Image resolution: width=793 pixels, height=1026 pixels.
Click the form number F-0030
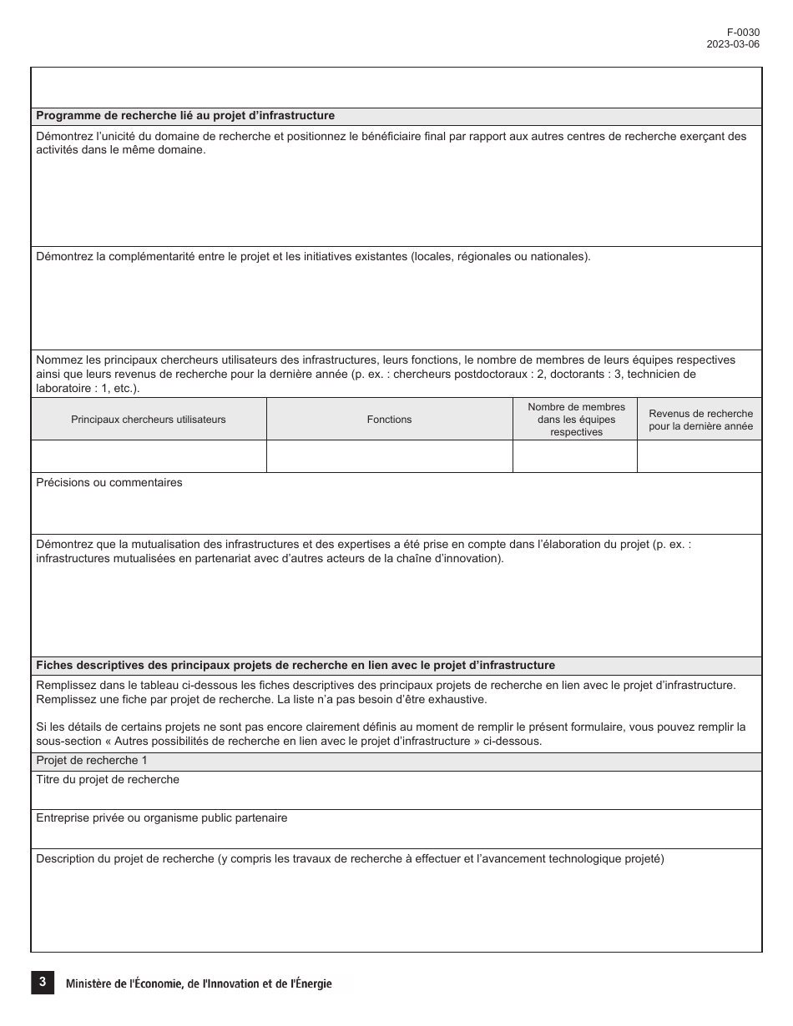click(x=743, y=33)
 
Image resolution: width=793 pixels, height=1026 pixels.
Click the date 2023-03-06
click(x=733, y=44)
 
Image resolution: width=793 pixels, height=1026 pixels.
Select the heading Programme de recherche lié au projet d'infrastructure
click(x=185, y=116)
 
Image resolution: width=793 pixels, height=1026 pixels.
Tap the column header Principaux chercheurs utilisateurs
click(x=149, y=420)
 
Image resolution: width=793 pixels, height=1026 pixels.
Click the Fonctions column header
click(x=389, y=420)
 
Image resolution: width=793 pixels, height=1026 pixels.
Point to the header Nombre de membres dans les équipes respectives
click(x=576, y=420)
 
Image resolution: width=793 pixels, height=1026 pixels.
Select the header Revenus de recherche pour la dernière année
click(x=700, y=420)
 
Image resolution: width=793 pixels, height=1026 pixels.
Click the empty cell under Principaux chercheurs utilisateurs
click(x=149, y=456)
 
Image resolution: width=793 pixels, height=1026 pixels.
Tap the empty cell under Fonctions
click(x=389, y=456)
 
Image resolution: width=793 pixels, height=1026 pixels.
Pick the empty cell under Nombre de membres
click(x=576, y=456)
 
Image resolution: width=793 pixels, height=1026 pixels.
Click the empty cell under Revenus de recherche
click(x=700, y=456)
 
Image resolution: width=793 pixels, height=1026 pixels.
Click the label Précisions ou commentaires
click(x=109, y=483)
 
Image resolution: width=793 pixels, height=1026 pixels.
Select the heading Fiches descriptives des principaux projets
click(x=295, y=666)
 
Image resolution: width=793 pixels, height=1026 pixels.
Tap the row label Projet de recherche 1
click(x=92, y=761)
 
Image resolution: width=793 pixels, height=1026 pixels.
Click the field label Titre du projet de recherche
click(x=108, y=780)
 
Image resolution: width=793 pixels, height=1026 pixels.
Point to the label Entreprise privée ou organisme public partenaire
click(x=162, y=818)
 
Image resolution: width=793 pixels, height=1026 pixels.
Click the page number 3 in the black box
click(x=42, y=983)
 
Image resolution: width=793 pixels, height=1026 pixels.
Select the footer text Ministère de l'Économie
click(x=199, y=984)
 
